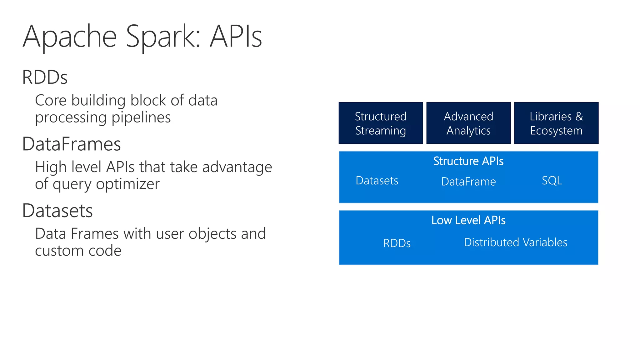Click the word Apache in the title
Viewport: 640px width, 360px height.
pos(70,37)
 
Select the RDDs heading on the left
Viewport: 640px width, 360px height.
pos(45,77)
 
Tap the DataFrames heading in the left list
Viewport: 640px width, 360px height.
pos(72,144)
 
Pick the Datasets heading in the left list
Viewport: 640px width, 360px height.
pos(57,211)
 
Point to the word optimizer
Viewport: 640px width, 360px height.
pos(128,184)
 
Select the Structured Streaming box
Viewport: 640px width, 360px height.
pos(381,123)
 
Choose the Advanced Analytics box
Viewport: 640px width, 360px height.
pos(468,123)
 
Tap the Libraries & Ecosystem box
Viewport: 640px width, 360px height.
pos(556,123)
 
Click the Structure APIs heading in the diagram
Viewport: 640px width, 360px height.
pos(468,161)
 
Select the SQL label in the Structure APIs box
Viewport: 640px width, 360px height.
pos(552,181)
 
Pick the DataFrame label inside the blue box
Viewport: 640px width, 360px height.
pos(468,182)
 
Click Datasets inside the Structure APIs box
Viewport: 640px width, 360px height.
pos(377,181)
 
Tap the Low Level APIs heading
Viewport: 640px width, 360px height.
pos(468,220)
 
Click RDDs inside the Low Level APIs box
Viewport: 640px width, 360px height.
pos(397,243)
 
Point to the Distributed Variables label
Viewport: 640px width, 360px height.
pos(516,242)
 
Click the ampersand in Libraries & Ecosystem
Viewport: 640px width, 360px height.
pos(579,117)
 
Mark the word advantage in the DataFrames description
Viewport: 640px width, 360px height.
pos(237,167)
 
